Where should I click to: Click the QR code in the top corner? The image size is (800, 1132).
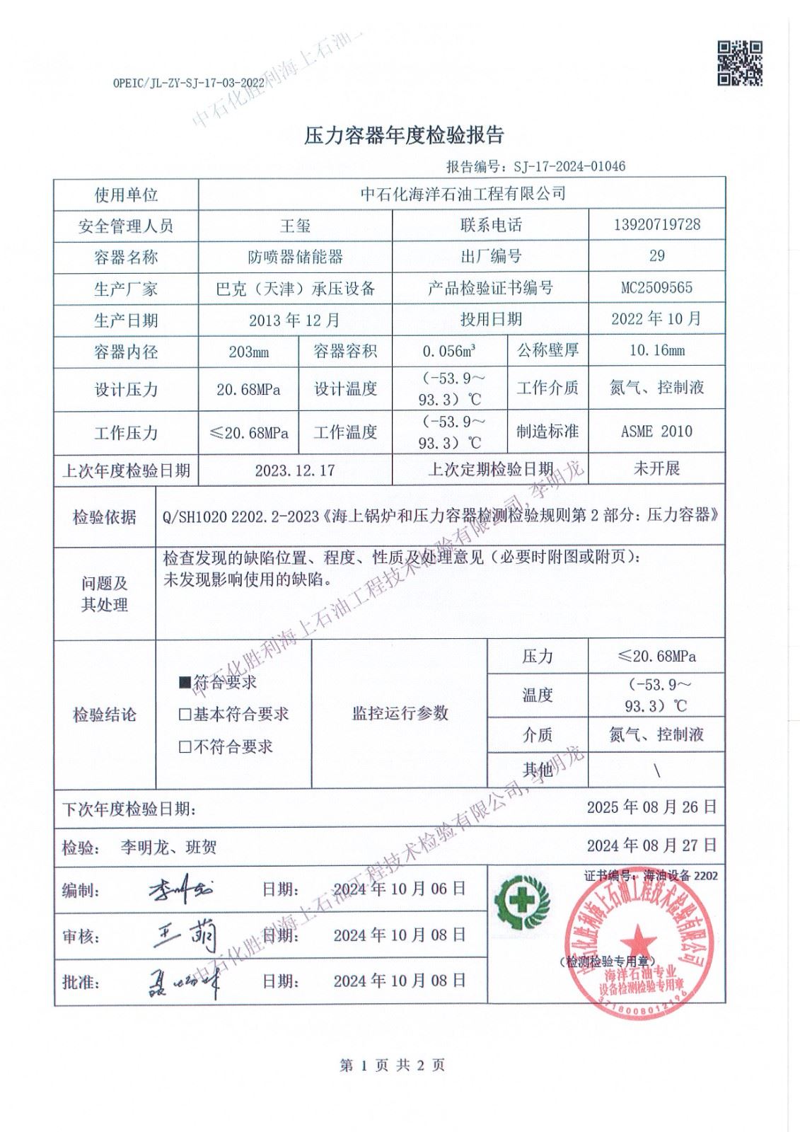click(740, 63)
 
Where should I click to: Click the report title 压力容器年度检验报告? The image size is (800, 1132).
click(403, 136)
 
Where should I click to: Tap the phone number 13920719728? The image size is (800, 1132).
click(656, 224)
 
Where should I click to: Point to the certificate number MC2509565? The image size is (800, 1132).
click(656, 288)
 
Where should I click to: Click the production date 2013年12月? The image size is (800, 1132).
click(294, 320)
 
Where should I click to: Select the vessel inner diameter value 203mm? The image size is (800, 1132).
click(248, 352)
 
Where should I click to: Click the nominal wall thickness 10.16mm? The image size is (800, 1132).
click(656, 350)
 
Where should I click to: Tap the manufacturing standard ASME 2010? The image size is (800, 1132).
click(656, 432)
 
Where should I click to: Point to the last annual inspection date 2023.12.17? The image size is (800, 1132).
click(294, 470)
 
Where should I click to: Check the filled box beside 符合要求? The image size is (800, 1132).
click(185, 683)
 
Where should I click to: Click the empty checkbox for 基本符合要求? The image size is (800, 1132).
click(185, 715)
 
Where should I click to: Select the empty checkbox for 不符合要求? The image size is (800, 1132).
click(185, 746)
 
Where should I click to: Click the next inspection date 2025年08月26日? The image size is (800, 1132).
click(651, 807)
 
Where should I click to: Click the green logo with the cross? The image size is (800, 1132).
click(522, 901)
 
